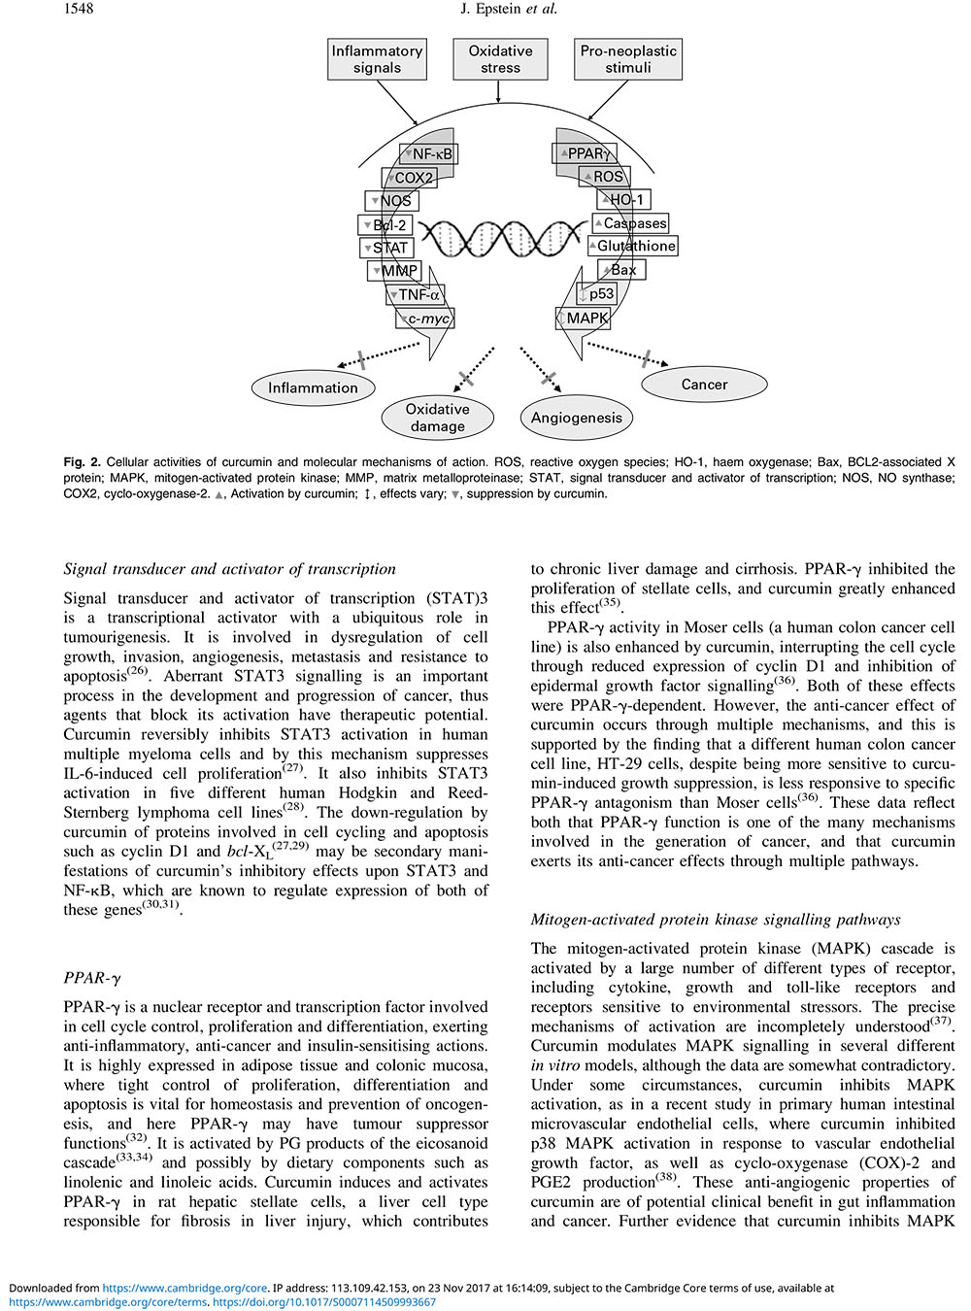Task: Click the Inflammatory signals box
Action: (x=377, y=59)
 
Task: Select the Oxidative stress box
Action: (x=500, y=59)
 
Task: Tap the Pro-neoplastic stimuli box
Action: (x=628, y=59)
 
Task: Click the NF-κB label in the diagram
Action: (x=428, y=154)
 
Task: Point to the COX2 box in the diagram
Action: (x=411, y=178)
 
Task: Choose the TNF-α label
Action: (x=416, y=295)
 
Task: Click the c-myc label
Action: (x=425, y=319)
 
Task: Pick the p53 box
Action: (x=598, y=294)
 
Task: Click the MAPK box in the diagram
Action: (x=585, y=319)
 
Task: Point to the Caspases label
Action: (x=631, y=223)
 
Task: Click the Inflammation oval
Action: (x=313, y=387)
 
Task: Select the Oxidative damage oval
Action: (x=437, y=418)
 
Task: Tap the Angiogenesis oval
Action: (x=576, y=418)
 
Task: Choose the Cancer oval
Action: (x=704, y=385)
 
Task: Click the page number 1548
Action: (x=79, y=9)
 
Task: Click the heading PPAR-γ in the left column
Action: (x=92, y=978)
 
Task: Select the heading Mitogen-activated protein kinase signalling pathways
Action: (x=716, y=920)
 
